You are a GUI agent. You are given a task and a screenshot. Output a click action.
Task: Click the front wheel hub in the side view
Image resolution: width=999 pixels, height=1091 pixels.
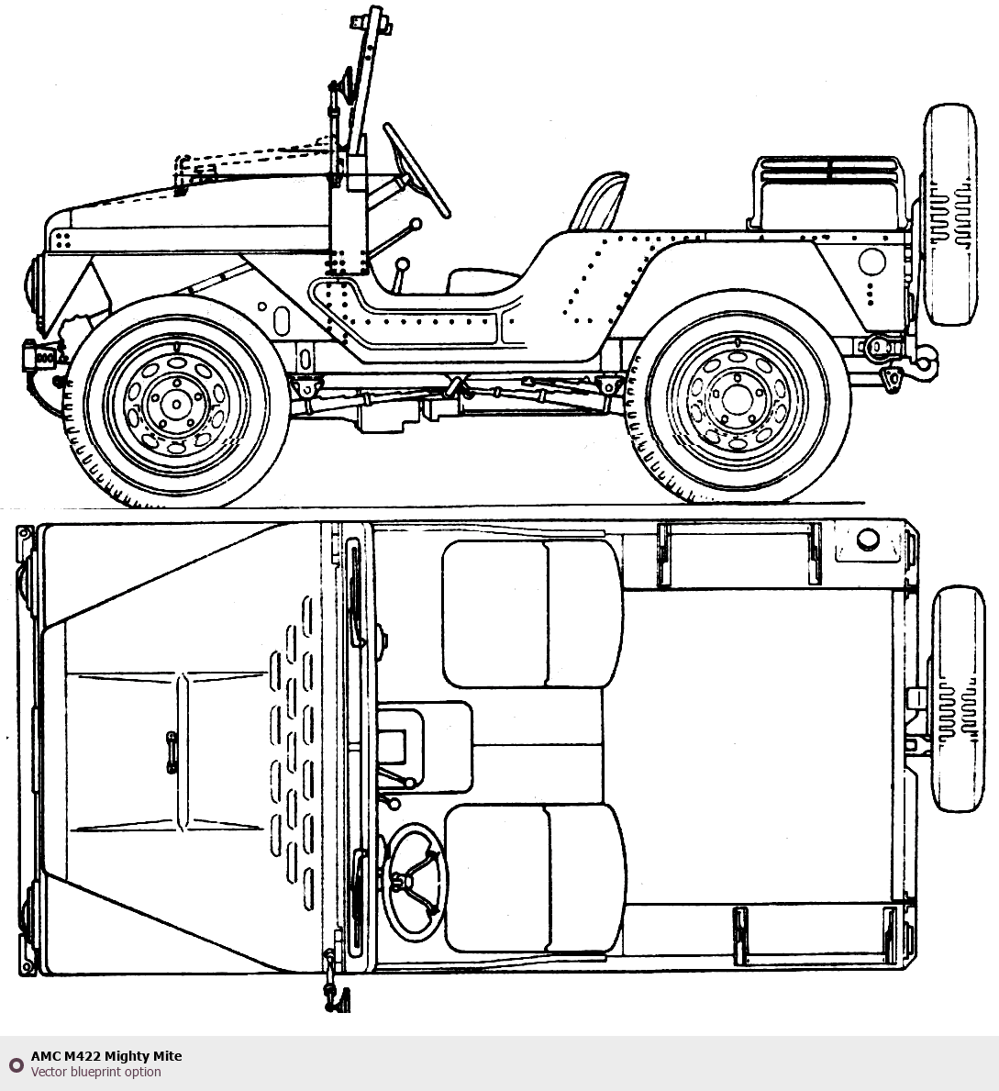point(176,405)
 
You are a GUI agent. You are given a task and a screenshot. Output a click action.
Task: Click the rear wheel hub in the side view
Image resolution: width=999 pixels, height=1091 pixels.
point(737,399)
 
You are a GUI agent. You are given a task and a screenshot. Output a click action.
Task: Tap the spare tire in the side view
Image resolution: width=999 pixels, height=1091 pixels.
point(949,215)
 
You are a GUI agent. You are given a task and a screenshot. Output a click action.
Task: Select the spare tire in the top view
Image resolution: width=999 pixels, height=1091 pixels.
point(958,698)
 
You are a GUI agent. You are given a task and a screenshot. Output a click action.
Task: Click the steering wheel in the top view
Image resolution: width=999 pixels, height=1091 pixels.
point(416,882)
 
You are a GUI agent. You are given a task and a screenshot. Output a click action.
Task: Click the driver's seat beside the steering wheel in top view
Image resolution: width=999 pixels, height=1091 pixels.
point(534,878)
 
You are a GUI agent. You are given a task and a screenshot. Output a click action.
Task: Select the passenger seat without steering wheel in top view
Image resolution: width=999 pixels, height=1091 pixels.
point(533,615)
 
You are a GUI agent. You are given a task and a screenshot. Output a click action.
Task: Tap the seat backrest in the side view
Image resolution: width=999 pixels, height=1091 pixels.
point(599,201)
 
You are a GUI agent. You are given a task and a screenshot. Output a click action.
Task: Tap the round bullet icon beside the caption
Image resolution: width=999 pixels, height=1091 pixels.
point(16,1064)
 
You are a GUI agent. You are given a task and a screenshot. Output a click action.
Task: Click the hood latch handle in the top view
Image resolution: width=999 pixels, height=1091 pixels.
point(172,752)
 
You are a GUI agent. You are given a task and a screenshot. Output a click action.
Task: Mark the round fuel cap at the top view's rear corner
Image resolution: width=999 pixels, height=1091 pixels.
point(868,540)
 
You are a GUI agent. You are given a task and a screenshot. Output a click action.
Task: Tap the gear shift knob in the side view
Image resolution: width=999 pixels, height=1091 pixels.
point(402,264)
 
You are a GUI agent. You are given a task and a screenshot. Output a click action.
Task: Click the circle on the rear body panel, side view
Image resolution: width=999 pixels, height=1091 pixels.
point(871,262)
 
